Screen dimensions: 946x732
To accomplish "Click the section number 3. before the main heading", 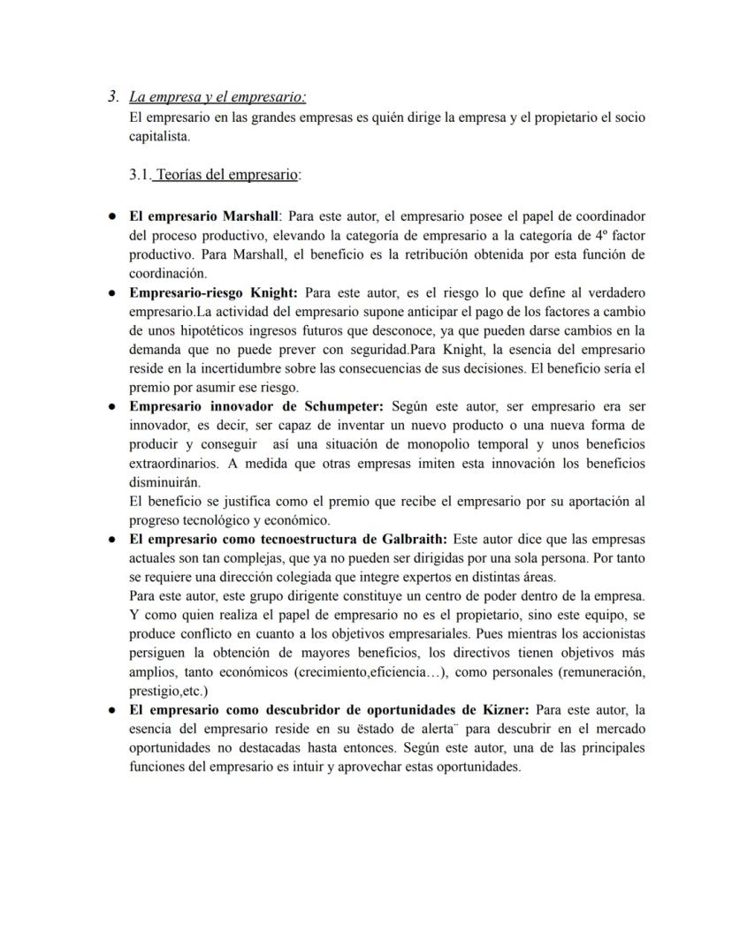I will tap(113, 97).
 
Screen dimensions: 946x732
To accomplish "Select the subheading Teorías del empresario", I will tap(226, 175).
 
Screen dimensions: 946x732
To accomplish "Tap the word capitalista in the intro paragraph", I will tap(158, 137).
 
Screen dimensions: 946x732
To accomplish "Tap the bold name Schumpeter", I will tap(339, 406).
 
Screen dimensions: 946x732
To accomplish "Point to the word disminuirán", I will tap(163, 483).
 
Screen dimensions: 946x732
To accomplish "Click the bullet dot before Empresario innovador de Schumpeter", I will tap(113, 407).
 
